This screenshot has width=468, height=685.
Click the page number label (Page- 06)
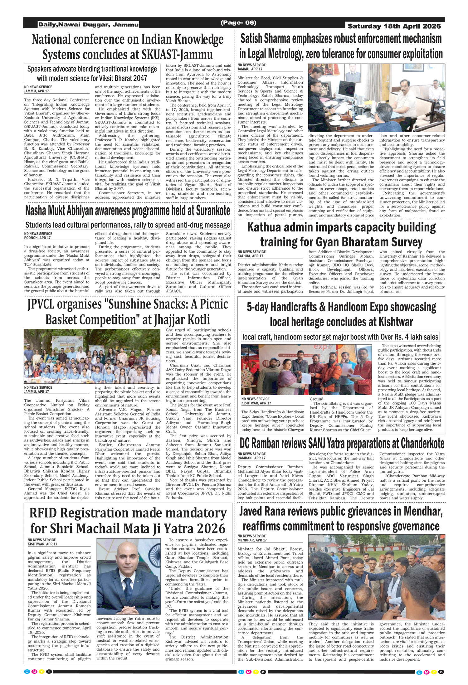pyautogui.click(x=238, y=23)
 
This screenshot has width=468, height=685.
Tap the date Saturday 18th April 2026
pyautogui.click(x=394, y=26)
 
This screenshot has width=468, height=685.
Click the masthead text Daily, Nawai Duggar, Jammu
pyautogui.click(x=88, y=24)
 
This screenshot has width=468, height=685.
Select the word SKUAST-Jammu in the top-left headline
pyautogui.click(x=177, y=55)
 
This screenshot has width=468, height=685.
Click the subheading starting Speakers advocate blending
pyautogui.click(x=92, y=73)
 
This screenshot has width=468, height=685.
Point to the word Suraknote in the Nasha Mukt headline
pyautogui.click(x=213, y=211)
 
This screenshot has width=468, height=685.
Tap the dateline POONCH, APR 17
pyautogui.click(x=37, y=238)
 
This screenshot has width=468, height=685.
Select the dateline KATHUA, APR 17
pyautogui.click(x=251, y=256)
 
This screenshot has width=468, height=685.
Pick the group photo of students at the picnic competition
pyautogui.click(x=92, y=356)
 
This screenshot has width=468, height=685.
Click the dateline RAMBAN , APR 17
pyautogui.click(x=251, y=458)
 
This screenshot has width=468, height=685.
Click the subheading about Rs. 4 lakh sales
pyautogui.click(x=340, y=337)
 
